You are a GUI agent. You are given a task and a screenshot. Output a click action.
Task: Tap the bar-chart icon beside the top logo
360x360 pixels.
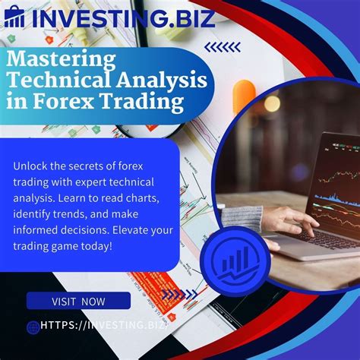click(14, 17)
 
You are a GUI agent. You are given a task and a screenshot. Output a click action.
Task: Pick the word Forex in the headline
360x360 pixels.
click(74, 101)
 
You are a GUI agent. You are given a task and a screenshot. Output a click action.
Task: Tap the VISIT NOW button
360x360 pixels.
click(78, 301)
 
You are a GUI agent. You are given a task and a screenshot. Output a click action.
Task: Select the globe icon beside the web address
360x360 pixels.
click(33, 327)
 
